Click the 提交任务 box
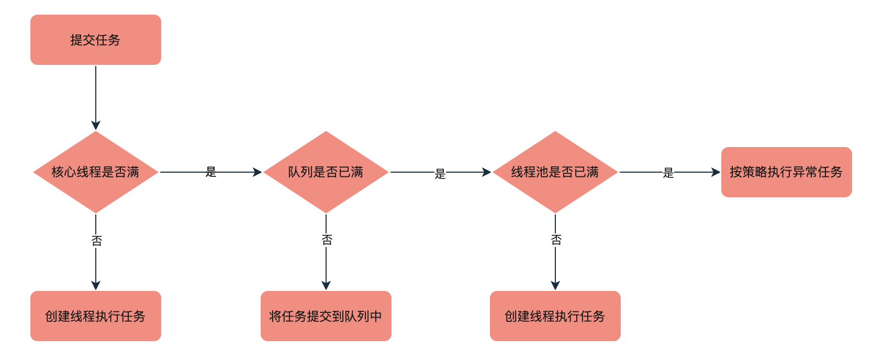coord(96,40)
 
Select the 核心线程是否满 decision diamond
coord(96,172)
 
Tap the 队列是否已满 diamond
coord(326,172)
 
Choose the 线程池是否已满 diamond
coord(555,172)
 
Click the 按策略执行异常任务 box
coord(786,172)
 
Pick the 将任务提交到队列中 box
coord(326,316)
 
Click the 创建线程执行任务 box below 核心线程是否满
coord(96,316)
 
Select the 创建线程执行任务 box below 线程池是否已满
coord(555,316)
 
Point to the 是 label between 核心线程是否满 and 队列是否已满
coord(211,172)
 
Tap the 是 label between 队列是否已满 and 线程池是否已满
coord(440,174)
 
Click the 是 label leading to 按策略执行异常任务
coord(668,173)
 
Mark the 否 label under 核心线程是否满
coord(97,241)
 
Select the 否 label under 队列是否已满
coord(327,240)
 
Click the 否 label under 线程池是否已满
coord(556,240)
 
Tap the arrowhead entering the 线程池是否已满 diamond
coord(487,172)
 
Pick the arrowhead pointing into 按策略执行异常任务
coord(716,172)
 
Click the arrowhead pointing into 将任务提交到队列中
coord(326,285)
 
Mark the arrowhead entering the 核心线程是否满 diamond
coord(96,126)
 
